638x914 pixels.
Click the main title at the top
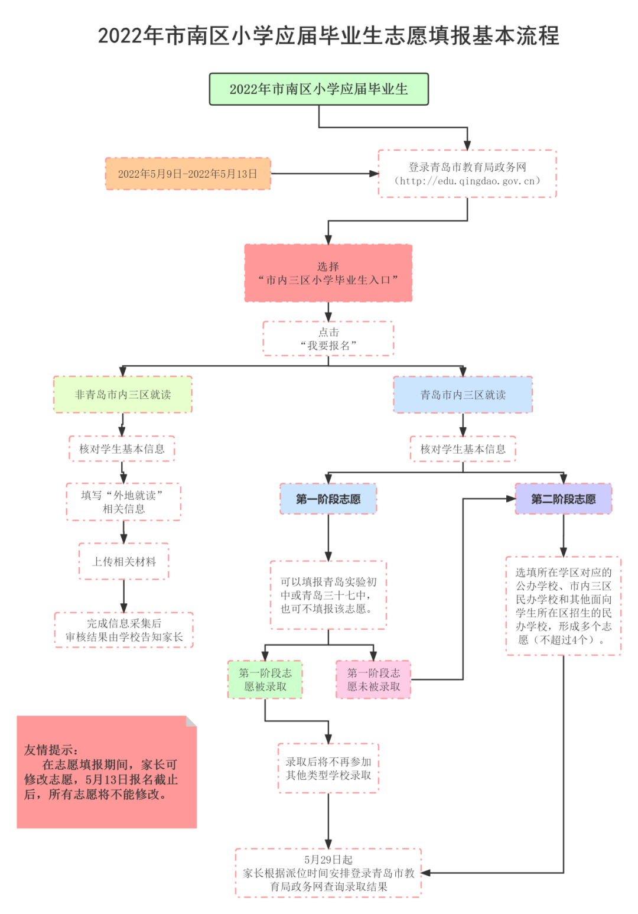(x=328, y=36)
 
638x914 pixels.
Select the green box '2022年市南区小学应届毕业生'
(x=318, y=89)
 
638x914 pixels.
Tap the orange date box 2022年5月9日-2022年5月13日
(x=188, y=174)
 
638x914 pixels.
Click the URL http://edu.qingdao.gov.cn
(x=467, y=181)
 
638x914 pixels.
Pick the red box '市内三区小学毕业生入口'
(x=328, y=274)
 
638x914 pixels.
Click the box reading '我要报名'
(x=328, y=339)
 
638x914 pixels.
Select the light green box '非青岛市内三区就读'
(x=123, y=395)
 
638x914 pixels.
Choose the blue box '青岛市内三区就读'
(x=463, y=395)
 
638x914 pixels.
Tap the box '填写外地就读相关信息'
(x=123, y=502)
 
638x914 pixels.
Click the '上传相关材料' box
(x=123, y=561)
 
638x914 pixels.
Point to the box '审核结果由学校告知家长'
(x=124, y=630)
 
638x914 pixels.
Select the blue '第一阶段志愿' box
(x=328, y=499)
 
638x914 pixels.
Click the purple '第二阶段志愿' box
(x=563, y=499)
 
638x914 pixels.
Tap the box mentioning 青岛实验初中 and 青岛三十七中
(x=328, y=595)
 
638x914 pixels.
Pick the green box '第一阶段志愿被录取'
(x=265, y=679)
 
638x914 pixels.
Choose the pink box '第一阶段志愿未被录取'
(x=373, y=679)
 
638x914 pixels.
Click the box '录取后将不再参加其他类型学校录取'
(x=328, y=768)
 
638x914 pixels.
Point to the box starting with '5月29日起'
(x=328, y=873)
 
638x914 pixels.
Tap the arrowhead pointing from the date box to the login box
(x=373, y=174)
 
